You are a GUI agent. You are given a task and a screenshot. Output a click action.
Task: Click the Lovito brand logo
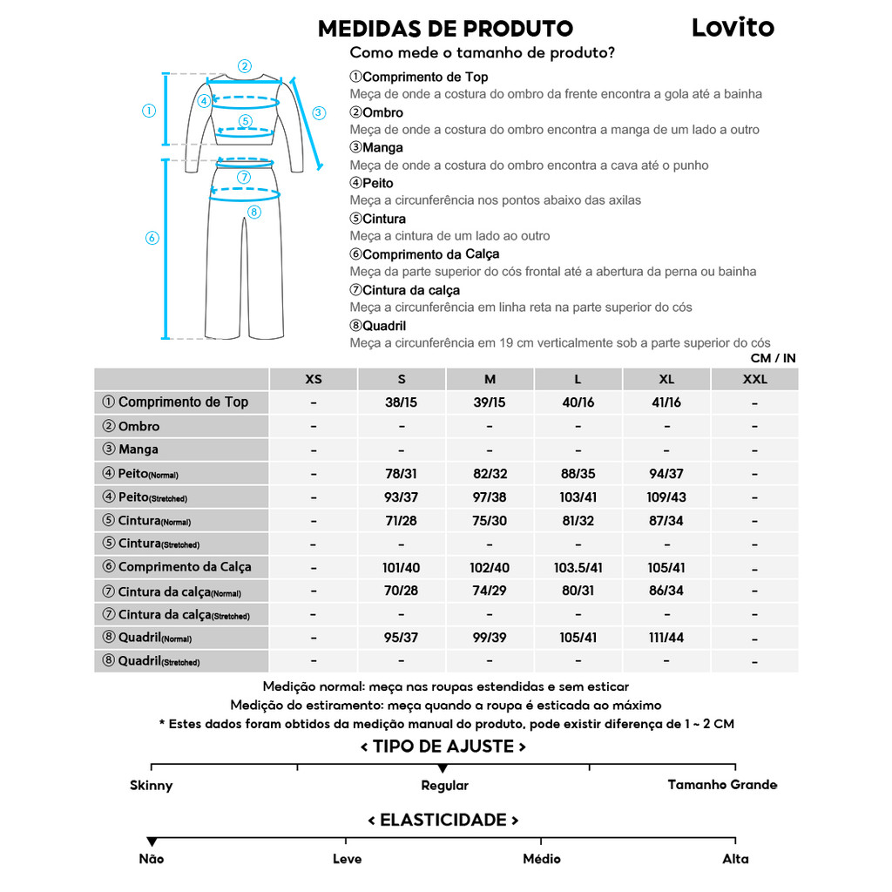click(x=733, y=27)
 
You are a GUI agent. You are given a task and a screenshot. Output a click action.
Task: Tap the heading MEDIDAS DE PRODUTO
click(x=445, y=29)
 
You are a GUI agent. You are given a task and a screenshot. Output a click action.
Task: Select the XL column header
click(x=666, y=379)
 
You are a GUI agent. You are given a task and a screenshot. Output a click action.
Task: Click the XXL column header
click(x=754, y=379)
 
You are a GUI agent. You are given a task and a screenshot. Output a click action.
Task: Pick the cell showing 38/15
click(x=402, y=402)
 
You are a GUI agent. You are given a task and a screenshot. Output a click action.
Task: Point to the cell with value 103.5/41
click(x=578, y=567)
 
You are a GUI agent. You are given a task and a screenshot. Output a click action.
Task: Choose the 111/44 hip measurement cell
click(x=666, y=638)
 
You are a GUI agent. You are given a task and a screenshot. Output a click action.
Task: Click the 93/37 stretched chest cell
click(x=402, y=497)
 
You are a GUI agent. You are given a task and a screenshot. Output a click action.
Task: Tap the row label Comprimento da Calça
click(x=184, y=567)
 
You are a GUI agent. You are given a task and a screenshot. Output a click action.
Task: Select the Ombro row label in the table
click(x=139, y=426)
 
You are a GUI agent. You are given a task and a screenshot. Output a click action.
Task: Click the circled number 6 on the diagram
click(x=152, y=238)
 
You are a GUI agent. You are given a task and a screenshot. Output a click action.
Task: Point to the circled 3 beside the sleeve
click(x=319, y=112)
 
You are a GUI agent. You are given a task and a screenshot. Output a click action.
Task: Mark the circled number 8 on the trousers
click(x=254, y=212)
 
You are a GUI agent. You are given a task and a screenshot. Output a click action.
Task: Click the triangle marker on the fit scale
click(x=443, y=768)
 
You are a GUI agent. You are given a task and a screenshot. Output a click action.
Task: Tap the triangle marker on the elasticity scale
click(x=152, y=841)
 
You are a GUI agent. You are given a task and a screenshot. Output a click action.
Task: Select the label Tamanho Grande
click(x=722, y=785)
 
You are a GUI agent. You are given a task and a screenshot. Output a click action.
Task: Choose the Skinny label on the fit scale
click(x=152, y=786)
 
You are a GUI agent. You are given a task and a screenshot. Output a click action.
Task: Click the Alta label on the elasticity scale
click(x=735, y=859)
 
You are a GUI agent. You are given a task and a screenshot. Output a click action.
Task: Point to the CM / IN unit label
click(x=773, y=358)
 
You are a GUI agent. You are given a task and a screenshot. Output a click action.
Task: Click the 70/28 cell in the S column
click(x=402, y=591)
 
